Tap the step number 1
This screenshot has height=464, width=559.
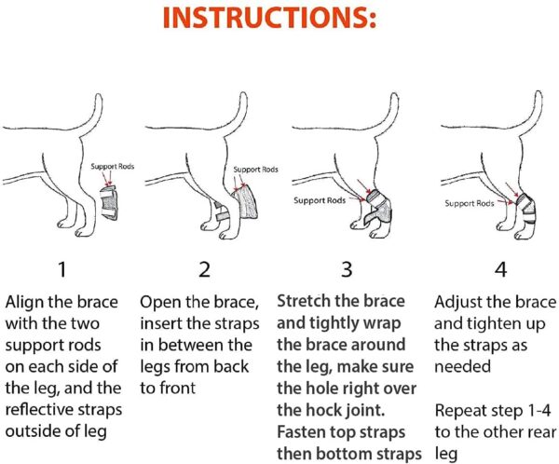coord(61,270)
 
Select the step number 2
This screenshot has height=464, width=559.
coord(204,270)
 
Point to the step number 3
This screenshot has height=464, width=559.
coord(347,270)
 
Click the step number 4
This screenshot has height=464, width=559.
coord(499,270)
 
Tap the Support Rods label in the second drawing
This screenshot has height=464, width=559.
coord(255,170)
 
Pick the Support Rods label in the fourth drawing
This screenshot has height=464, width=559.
coord(468,203)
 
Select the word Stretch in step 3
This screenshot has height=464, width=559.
coord(307,303)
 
